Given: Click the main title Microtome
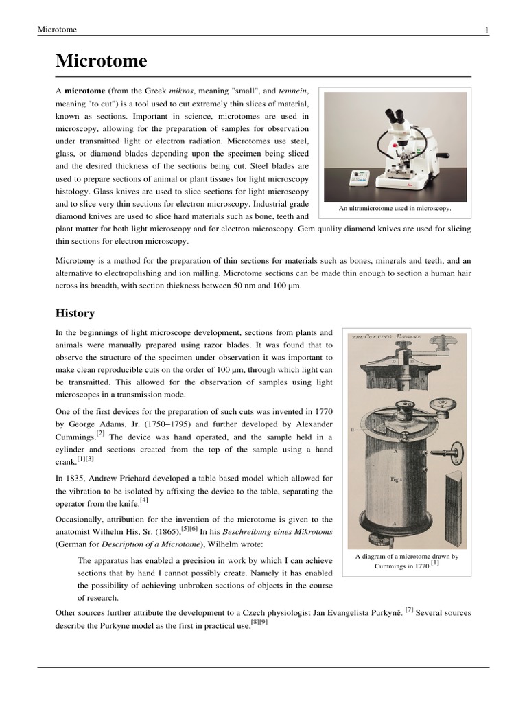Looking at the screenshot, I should coord(101,61).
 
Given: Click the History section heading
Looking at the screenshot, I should coord(75,313).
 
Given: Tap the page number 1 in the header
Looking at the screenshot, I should coord(486,30).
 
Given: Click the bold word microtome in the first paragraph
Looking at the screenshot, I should coord(85,91).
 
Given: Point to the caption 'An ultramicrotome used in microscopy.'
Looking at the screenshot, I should coord(395,208).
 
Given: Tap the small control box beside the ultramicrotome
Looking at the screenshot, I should coord(360,178).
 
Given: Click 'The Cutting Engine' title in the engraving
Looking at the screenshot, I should coord(387,338).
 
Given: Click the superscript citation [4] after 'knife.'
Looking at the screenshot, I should coord(144,501).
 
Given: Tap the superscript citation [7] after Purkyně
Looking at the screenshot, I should coord(409,609).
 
